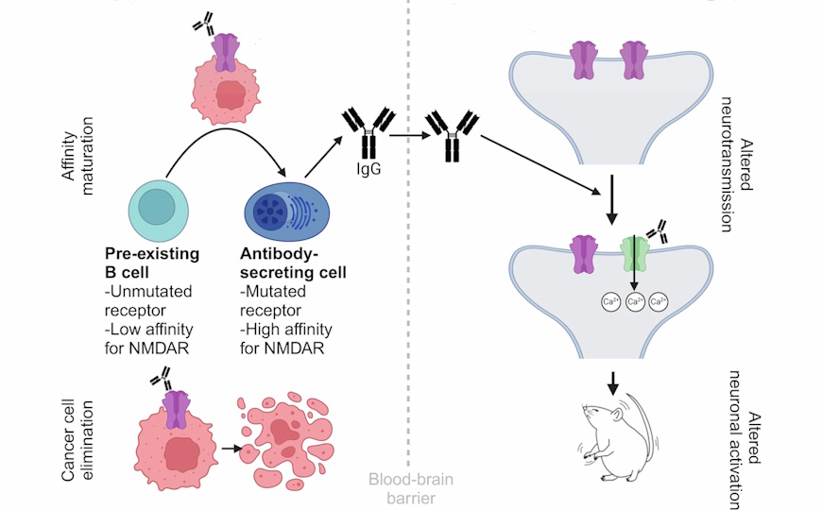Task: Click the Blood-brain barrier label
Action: click(x=410, y=487)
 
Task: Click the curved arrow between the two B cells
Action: click(x=227, y=141)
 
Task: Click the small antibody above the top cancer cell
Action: click(x=202, y=25)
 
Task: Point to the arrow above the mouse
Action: click(x=613, y=381)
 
